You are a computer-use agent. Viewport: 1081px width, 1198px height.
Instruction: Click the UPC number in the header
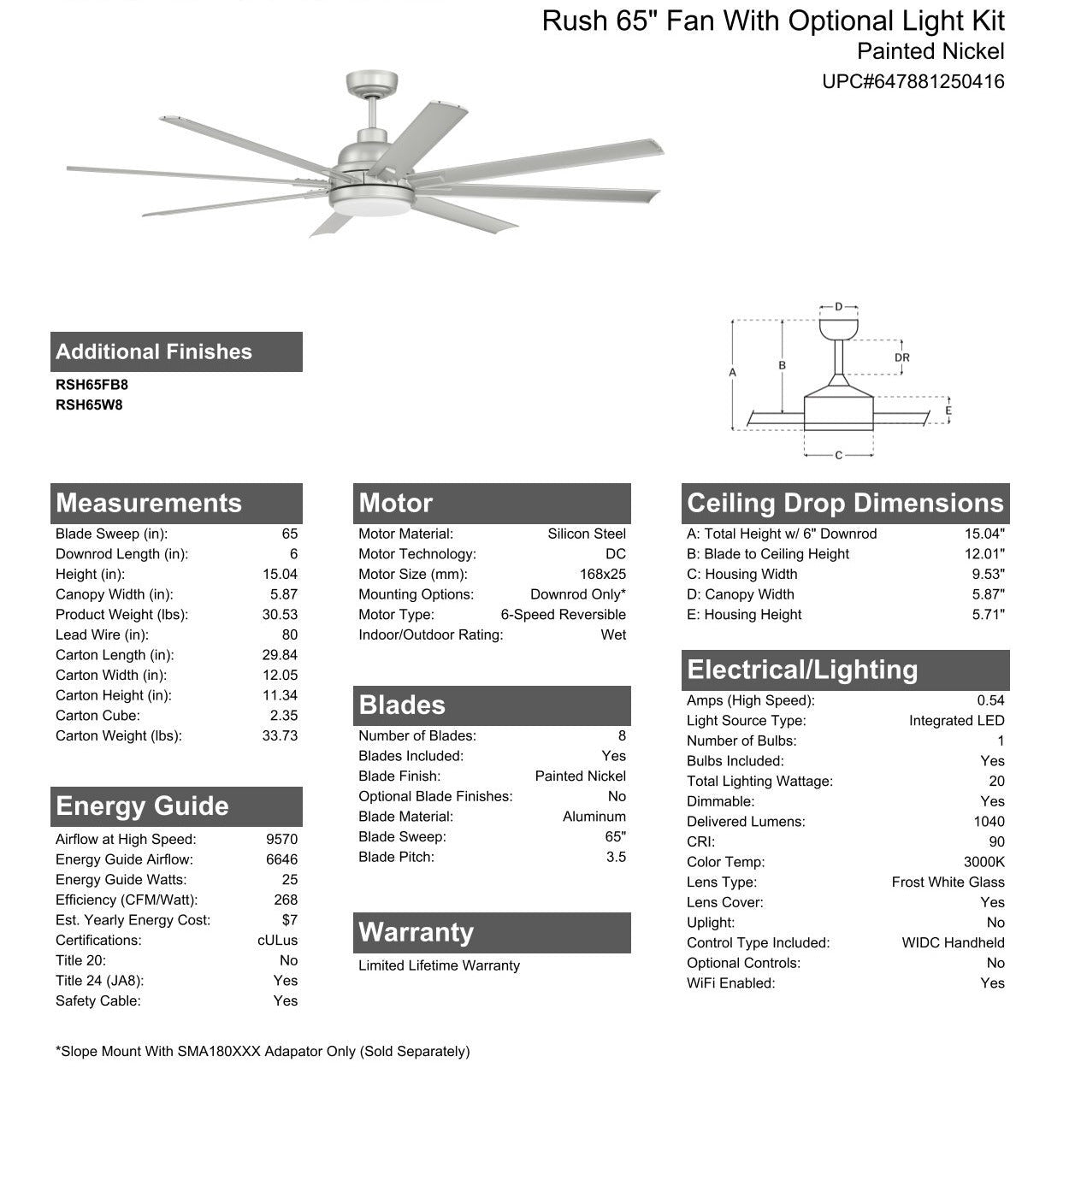(x=913, y=82)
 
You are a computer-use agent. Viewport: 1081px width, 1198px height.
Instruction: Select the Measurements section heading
(x=149, y=503)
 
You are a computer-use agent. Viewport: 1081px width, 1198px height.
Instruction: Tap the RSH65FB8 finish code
(x=92, y=385)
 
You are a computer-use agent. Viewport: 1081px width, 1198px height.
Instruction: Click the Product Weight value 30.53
(x=280, y=615)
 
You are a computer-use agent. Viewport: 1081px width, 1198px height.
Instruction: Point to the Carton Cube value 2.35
(x=284, y=716)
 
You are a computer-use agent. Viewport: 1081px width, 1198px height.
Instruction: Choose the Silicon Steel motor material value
(x=587, y=534)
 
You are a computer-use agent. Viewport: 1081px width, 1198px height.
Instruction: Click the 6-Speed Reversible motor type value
(x=563, y=615)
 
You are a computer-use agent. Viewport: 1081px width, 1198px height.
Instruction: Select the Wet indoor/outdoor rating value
(x=613, y=634)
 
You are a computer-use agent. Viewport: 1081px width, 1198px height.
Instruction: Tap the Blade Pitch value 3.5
(x=616, y=857)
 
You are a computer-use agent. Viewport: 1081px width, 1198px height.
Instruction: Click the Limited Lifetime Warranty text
(x=439, y=965)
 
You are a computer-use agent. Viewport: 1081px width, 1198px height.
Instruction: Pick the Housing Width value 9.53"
(x=988, y=575)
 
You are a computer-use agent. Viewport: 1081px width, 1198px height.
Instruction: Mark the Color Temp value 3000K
(x=984, y=862)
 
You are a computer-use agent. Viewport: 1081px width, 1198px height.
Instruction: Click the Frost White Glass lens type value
(x=948, y=882)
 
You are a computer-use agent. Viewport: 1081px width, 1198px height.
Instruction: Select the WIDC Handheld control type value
(x=953, y=943)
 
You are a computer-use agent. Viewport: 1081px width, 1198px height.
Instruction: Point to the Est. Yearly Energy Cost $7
(x=289, y=920)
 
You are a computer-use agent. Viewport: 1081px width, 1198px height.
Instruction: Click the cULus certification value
(x=278, y=941)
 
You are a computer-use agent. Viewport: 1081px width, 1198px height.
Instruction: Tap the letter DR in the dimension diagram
(x=901, y=358)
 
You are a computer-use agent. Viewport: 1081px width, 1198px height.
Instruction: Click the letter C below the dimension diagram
(x=838, y=456)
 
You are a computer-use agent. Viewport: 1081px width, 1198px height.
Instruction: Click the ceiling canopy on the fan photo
(x=372, y=84)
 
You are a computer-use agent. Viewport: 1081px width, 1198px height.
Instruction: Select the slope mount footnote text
(x=263, y=1052)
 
